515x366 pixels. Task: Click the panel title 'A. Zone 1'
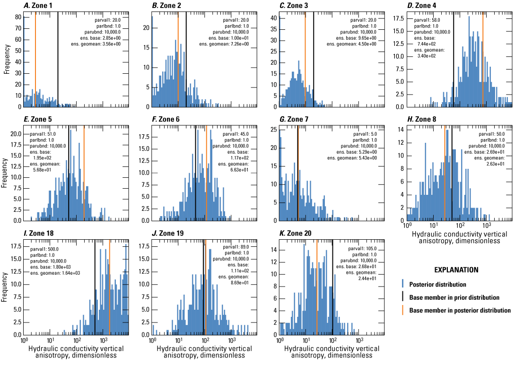click(39, 6)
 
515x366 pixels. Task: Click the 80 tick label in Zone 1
click(18, 17)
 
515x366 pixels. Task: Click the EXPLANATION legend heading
click(456, 270)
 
